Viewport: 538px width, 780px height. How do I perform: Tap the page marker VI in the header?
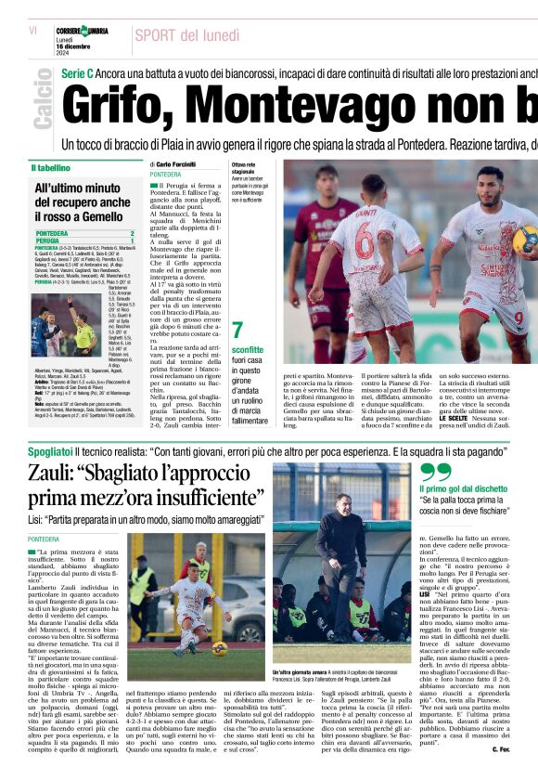point(33,31)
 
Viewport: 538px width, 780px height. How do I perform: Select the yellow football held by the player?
point(524,240)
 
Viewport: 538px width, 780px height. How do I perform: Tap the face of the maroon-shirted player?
point(324,178)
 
